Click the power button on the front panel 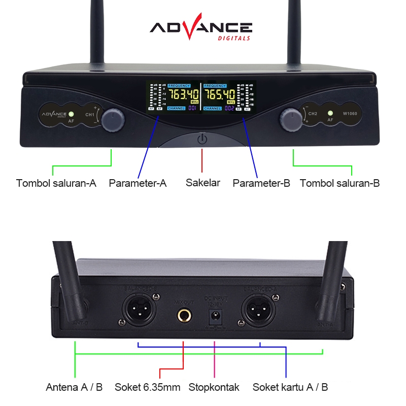[x=202, y=139]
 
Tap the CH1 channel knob [x=113, y=120]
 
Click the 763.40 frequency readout [x=183, y=94]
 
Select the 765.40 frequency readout [x=219, y=94]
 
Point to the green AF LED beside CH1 [x=72, y=114]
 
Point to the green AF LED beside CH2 [x=330, y=114]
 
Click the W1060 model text [x=350, y=114]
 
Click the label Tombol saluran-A [x=56, y=183]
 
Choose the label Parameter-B [x=261, y=183]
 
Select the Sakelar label [x=203, y=183]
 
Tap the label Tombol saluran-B [x=340, y=183]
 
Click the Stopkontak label [x=214, y=387]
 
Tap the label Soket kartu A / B [x=290, y=387]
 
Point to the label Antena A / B [x=75, y=387]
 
